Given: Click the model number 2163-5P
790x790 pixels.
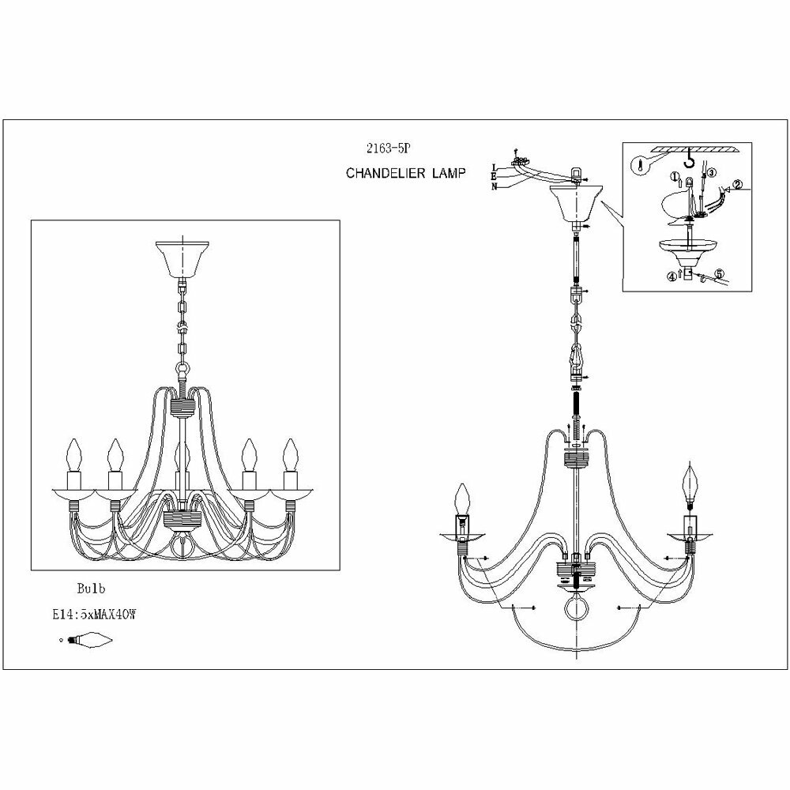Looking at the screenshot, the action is click(383, 147).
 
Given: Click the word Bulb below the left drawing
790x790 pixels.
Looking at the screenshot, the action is click(91, 588).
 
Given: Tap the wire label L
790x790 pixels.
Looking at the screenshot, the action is click(495, 167).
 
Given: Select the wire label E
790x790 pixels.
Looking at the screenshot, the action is click(495, 177).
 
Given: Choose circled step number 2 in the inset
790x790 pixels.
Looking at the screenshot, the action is click(737, 186).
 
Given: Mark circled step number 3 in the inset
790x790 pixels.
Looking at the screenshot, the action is click(710, 173).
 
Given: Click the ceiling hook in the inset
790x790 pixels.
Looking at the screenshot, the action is click(692, 161).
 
